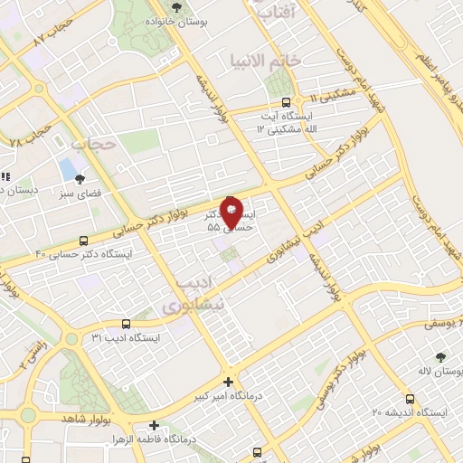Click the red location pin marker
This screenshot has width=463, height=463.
pos(231,213)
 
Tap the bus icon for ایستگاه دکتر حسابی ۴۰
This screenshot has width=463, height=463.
pos(84,241)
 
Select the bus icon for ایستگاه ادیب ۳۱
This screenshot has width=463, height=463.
pos(126,324)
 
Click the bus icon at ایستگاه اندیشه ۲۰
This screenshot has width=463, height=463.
pos(411,398)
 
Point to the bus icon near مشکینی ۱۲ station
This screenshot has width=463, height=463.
pos(287,102)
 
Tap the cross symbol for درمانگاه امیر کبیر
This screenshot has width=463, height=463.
pos(228,383)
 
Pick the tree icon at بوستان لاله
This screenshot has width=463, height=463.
pos(440,357)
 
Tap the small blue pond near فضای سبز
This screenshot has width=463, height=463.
pos(68,168)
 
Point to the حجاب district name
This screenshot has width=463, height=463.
pos(93,142)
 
